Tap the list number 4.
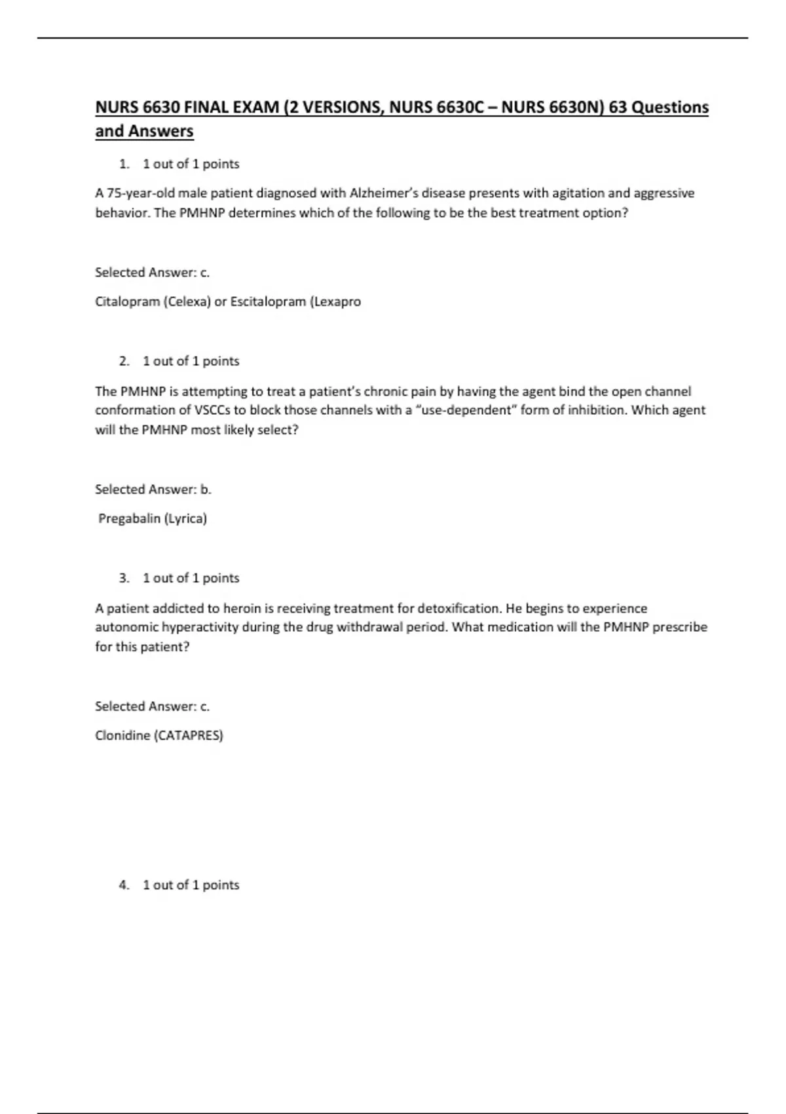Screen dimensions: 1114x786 click(124, 885)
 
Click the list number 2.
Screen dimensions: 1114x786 click(124, 361)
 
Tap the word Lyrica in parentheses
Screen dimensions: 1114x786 click(185, 518)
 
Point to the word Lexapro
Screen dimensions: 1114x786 click(336, 301)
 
